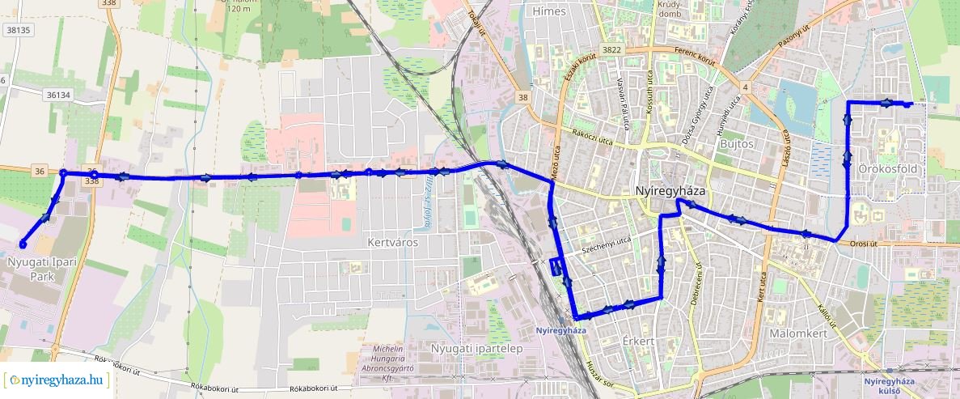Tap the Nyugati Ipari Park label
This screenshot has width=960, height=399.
coord(37,269)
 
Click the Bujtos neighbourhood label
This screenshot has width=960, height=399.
coord(735,144)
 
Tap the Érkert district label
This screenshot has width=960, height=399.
coord(638,341)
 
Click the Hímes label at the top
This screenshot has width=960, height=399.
coord(550,11)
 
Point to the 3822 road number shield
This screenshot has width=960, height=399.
coord(611,50)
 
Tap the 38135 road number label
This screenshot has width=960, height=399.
coord(18,30)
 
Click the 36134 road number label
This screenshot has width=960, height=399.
coord(59,95)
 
